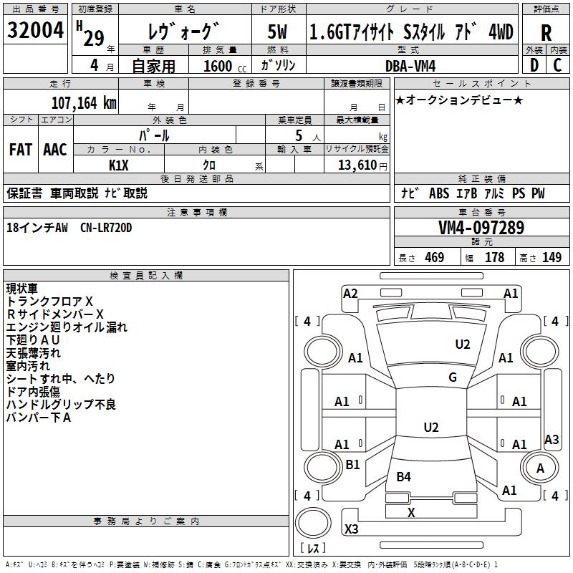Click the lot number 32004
(35, 30)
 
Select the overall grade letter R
(546, 34)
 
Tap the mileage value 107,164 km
(84, 103)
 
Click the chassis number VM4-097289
(481, 228)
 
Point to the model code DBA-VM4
(410, 66)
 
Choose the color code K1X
(118, 165)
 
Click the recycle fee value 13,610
(357, 165)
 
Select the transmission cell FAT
(21, 150)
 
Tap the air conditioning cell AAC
(55, 150)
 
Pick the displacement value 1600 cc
(225, 66)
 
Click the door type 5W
(277, 32)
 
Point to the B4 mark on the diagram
(403, 476)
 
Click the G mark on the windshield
(453, 377)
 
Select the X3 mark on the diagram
(351, 529)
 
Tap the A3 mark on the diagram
(552, 439)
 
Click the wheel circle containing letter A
(540, 453)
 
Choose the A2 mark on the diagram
(350, 294)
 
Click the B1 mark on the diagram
(352, 464)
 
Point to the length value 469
(435, 257)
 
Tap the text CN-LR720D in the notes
(106, 228)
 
